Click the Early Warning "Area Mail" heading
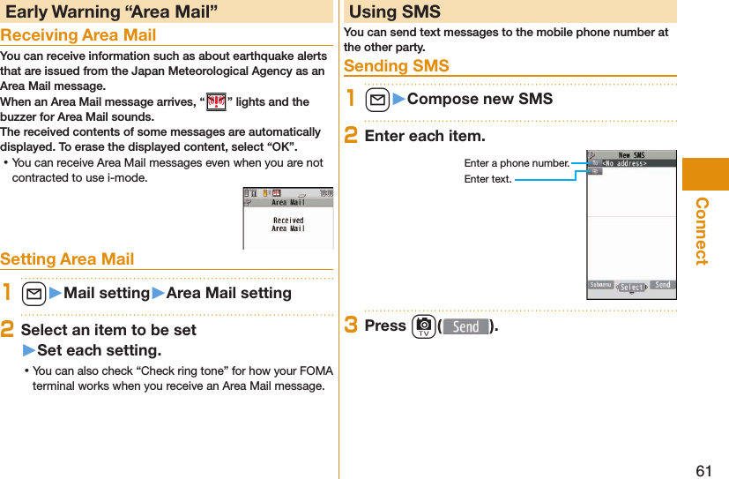coord(112,11)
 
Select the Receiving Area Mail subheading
coord(78,35)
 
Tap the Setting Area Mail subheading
coord(68,258)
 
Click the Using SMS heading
coord(394,11)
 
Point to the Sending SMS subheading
coord(396,66)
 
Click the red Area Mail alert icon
coord(214,101)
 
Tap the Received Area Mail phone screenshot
coord(287,218)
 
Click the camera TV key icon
coord(422,326)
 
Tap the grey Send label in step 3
coord(465,326)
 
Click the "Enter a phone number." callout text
coord(517,163)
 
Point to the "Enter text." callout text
coord(487,179)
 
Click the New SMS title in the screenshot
coord(631,154)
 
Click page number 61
coord(703,470)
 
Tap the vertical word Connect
coord(703,230)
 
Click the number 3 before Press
coord(350,325)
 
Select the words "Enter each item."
coord(424,136)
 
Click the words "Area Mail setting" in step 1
coord(228,293)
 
